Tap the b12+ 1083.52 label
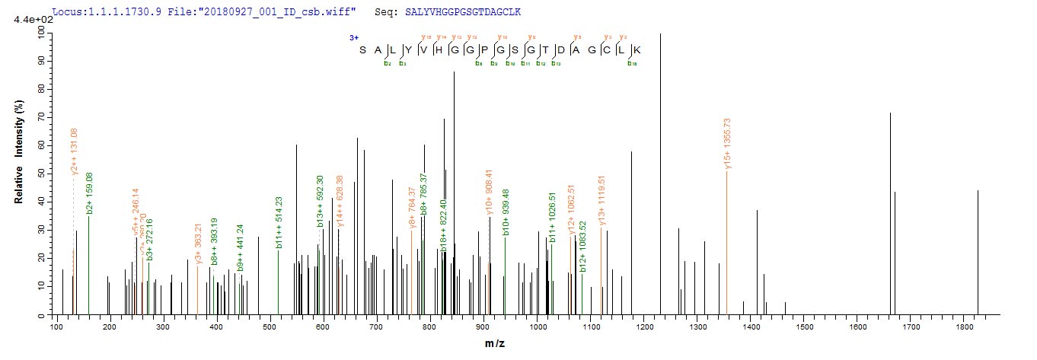(583, 247)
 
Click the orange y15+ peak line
(726, 244)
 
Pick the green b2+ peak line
(89, 266)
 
